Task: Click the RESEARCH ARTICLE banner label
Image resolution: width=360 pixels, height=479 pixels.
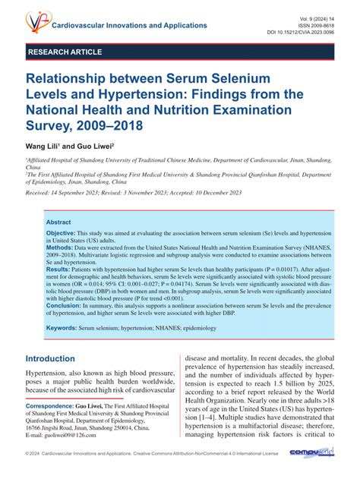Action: [65, 52]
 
